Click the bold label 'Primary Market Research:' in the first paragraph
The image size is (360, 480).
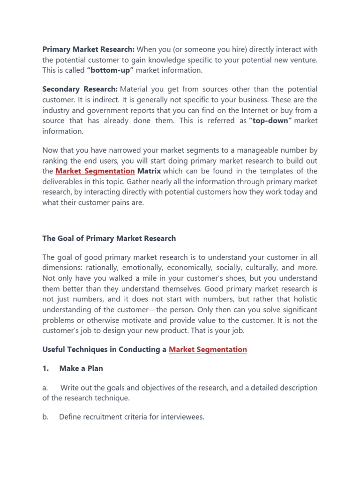click(x=89, y=49)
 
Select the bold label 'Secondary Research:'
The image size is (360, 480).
click(x=80, y=89)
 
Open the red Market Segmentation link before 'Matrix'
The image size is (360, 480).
click(x=95, y=171)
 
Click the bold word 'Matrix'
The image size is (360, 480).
click(x=149, y=171)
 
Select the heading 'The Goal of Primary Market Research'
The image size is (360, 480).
click(x=109, y=238)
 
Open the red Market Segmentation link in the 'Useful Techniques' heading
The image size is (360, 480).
click(x=208, y=349)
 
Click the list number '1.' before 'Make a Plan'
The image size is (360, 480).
click(x=46, y=368)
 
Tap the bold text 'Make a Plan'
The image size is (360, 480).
click(x=81, y=368)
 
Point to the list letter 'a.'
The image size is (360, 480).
click(x=45, y=388)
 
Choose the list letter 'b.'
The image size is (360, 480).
click(x=45, y=417)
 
